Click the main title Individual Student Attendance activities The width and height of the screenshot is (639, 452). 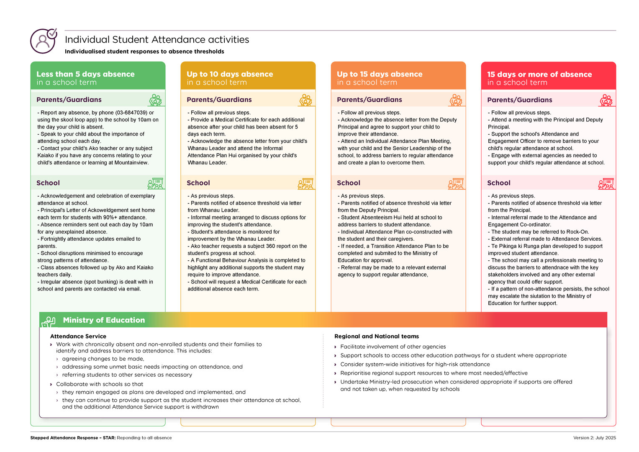[157, 40]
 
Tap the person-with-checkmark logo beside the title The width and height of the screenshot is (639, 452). [43, 41]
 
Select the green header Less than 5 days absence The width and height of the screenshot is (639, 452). [85, 74]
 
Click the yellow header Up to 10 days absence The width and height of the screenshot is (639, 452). [230, 74]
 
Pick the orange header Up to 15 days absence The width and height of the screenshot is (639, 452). [380, 74]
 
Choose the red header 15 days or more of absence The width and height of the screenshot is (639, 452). [539, 74]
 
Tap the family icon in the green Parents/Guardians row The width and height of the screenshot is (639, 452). [155, 100]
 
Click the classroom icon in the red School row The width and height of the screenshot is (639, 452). [606, 184]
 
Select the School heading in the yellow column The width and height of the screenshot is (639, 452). [198, 183]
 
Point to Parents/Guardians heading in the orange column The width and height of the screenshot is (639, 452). [369, 100]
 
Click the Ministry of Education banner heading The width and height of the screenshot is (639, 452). [104, 320]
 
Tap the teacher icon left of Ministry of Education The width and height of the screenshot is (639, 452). [49, 321]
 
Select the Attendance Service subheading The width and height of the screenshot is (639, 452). [78, 336]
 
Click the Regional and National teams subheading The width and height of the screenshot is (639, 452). [376, 336]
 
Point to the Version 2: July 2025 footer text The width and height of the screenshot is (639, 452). [594, 438]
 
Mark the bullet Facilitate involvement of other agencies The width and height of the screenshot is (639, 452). [393, 347]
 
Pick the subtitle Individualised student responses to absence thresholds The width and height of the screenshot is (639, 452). [144, 51]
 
